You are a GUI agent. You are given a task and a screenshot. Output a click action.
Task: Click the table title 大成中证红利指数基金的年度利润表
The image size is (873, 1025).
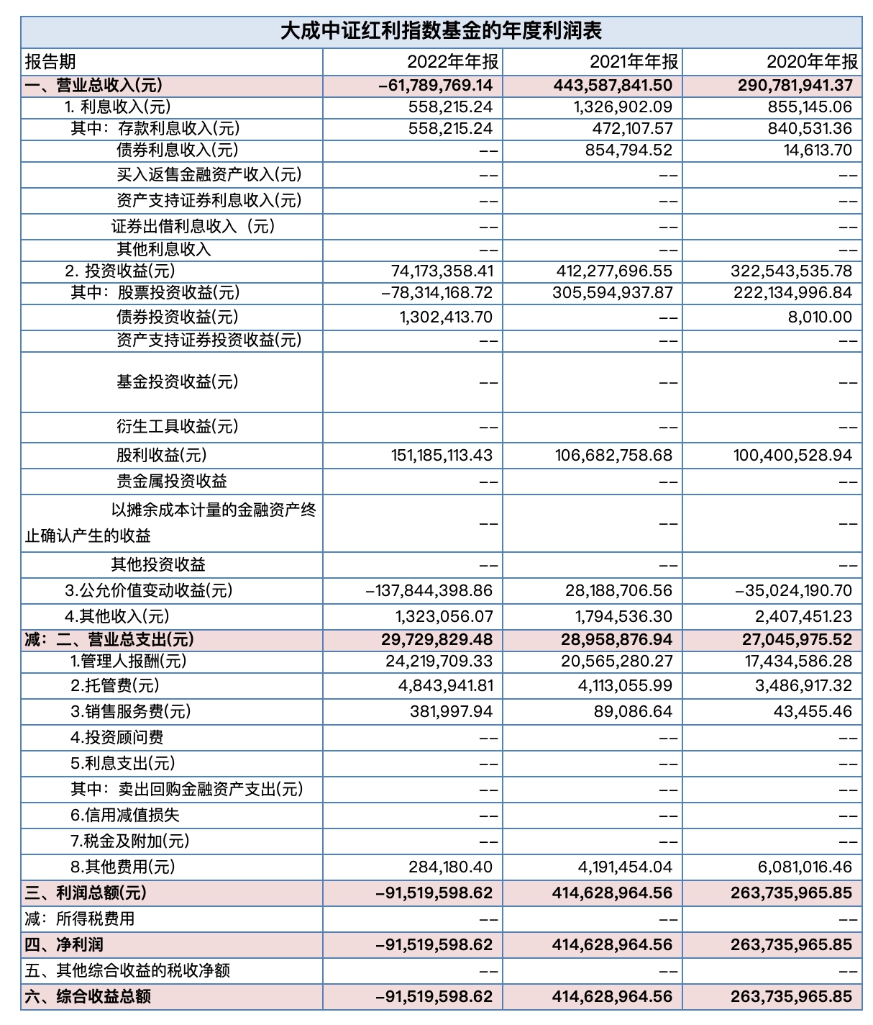(440, 32)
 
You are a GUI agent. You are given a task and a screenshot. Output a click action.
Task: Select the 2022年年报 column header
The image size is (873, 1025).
(452, 62)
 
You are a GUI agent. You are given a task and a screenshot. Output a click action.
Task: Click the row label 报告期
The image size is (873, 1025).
(50, 62)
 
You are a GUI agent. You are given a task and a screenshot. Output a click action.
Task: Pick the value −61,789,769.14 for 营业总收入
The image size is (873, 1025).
(436, 86)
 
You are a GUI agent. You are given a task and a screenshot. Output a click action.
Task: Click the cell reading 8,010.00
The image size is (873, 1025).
(820, 317)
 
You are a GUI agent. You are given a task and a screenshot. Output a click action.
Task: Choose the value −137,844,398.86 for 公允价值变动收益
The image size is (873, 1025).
(429, 591)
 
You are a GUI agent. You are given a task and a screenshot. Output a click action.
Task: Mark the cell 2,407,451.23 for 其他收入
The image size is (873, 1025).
(803, 617)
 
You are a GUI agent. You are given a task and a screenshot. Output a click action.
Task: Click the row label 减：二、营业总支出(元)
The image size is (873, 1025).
(109, 640)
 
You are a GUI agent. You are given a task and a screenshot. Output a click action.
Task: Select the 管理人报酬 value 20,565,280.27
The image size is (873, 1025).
(617, 661)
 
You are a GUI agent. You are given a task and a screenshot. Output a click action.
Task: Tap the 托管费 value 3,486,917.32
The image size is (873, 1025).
(803, 686)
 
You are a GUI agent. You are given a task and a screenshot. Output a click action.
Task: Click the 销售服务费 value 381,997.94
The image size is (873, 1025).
(451, 712)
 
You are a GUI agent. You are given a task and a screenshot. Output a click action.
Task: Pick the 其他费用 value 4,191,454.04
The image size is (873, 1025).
(625, 867)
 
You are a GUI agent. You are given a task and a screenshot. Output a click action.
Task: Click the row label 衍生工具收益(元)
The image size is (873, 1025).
(177, 427)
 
